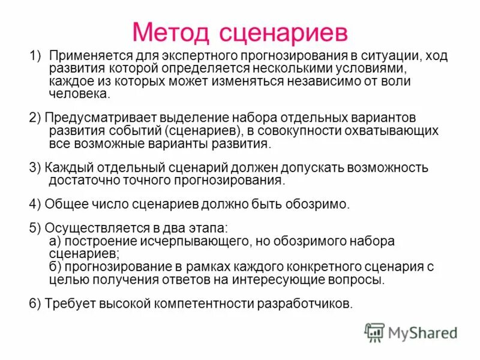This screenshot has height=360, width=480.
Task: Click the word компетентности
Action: [203, 303]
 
